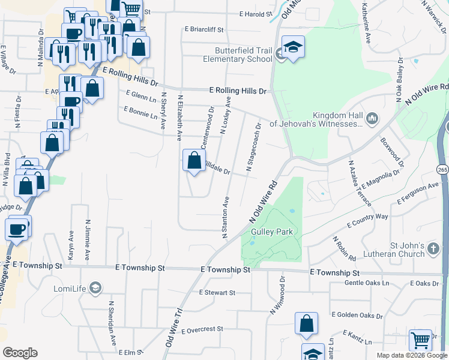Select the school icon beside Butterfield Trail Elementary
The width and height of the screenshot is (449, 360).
pyautogui.click(x=293, y=47)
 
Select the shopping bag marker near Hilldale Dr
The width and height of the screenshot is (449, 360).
pyautogui.click(x=194, y=161)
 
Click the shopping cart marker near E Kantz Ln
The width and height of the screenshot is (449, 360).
pyautogui.click(x=420, y=340)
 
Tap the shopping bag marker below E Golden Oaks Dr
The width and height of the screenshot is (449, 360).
pyautogui.click(x=306, y=323)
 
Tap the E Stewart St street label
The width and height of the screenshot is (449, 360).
pyautogui.click(x=217, y=293)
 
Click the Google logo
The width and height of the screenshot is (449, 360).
pyautogui.click(x=20, y=353)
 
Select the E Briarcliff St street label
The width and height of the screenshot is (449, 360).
pyautogui.click(x=204, y=29)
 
